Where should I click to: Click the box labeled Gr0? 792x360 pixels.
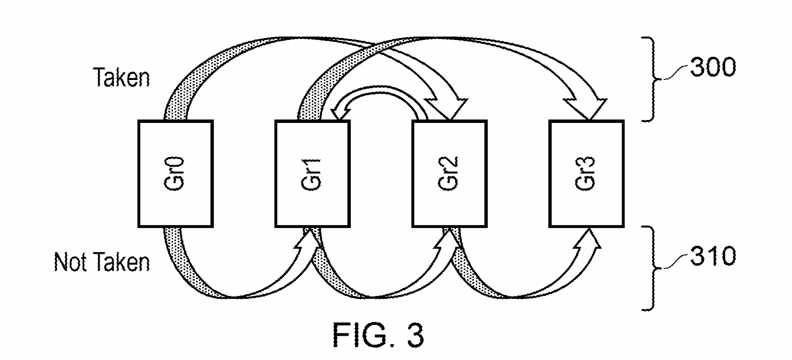[175, 174]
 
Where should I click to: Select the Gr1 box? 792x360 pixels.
[312, 174]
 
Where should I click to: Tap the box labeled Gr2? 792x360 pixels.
[449, 174]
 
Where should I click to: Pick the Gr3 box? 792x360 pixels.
[586, 174]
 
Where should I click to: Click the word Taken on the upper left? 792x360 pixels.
[122, 78]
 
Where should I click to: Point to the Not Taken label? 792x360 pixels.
[102, 262]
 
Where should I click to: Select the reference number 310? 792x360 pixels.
[712, 256]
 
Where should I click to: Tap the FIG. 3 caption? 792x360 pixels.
[378, 336]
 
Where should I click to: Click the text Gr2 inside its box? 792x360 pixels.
[449, 174]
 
